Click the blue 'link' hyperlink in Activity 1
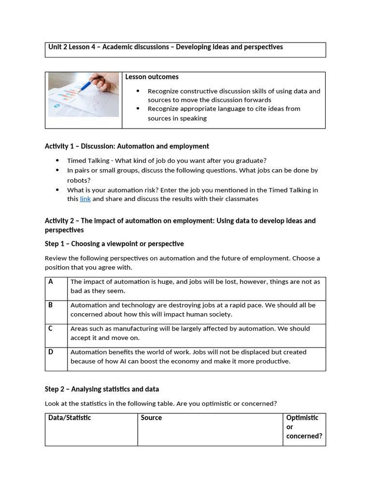tap(85, 199)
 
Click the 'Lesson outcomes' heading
tap(152, 77)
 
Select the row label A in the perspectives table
tap(51, 281)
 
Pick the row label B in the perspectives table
tap(51, 305)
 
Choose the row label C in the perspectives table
tap(51, 328)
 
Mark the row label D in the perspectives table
tap(51, 352)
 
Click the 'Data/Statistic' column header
tap(70, 418)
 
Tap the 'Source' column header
tap(151, 418)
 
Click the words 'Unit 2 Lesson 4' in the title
tap(71, 47)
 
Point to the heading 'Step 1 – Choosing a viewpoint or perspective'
tap(114, 244)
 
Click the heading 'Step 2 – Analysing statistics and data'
tap(101, 389)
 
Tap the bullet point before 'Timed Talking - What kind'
tap(57, 160)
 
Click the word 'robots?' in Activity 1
tap(78, 180)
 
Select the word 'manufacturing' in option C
tap(119, 328)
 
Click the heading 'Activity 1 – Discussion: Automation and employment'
tap(127, 146)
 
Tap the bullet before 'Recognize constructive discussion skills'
tap(138, 91)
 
